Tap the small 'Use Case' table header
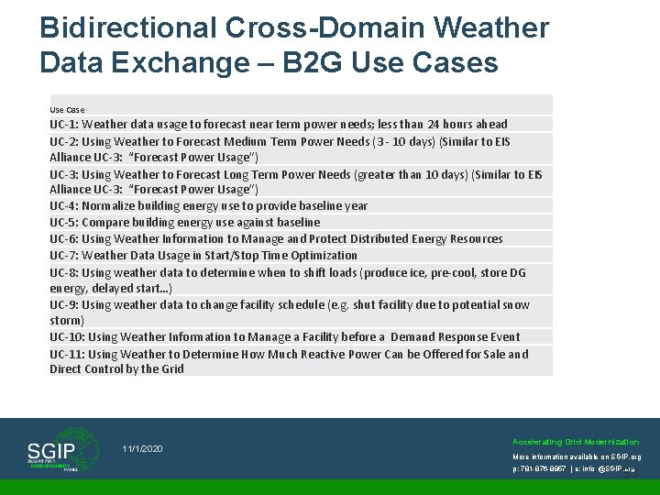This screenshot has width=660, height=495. pyautogui.click(x=67, y=110)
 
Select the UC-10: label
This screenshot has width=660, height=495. pyautogui.click(x=67, y=337)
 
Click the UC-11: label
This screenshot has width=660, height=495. pyautogui.click(x=67, y=355)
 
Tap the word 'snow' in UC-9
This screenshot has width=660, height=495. pyautogui.click(x=516, y=305)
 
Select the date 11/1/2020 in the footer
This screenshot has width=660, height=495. pyautogui.click(x=142, y=448)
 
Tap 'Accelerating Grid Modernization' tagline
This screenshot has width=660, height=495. pyautogui.click(x=576, y=442)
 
